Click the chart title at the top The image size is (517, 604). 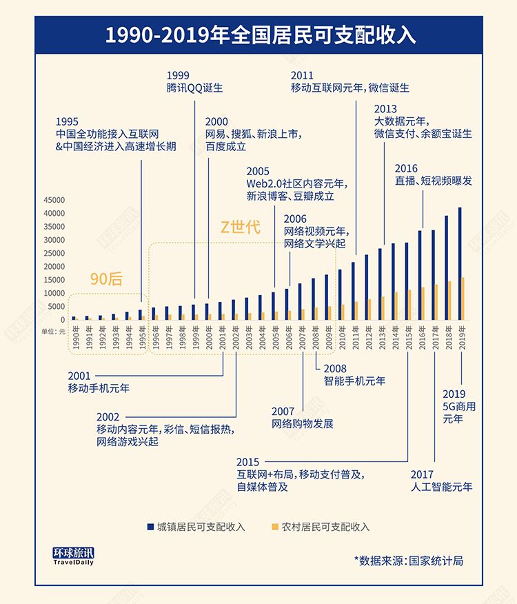tap(258, 34)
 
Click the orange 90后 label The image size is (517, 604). tap(106, 279)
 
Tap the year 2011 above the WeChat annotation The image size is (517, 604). tap(302, 75)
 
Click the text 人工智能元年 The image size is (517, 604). tap(441, 487)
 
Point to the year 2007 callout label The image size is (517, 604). tap(283, 412)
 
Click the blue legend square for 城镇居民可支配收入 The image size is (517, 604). tap(149, 527)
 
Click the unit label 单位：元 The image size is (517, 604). tap(54, 332)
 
